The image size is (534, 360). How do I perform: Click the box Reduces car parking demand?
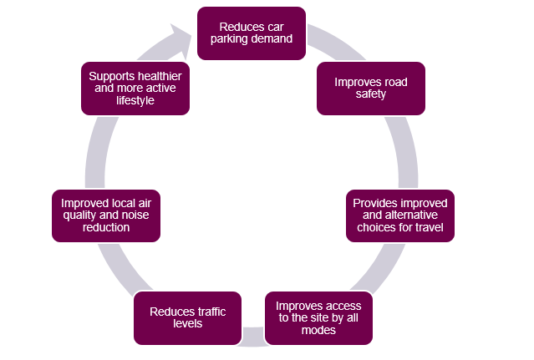click(x=251, y=33)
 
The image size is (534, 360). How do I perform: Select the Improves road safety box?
click(x=370, y=88)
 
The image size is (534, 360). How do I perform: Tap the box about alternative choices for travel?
click(x=400, y=215)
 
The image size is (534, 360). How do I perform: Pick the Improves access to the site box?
click(x=318, y=317)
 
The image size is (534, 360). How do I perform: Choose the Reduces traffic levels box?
click(x=187, y=317)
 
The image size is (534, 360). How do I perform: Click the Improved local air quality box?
click(x=106, y=215)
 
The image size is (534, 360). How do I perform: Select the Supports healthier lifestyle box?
click(x=135, y=88)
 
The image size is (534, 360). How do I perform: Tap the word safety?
click(x=371, y=94)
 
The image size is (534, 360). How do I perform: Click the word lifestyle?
click(x=135, y=100)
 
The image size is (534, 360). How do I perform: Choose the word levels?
click(x=187, y=323)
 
